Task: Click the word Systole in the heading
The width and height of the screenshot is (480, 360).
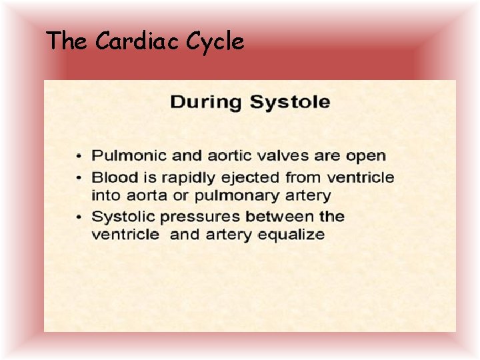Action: click(x=289, y=102)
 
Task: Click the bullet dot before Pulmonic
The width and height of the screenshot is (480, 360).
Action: click(x=80, y=157)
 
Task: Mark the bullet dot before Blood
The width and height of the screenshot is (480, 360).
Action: click(x=80, y=178)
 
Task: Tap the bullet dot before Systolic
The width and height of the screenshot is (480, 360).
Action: click(x=80, y=217)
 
